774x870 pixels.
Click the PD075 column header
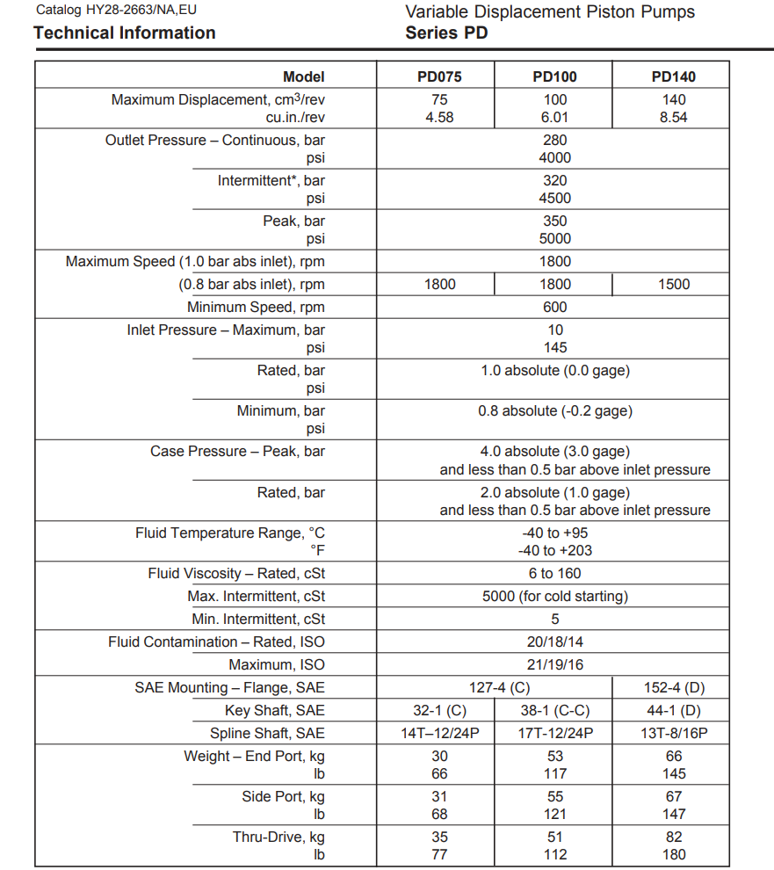click(439, 76)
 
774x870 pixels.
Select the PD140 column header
click(673, 76)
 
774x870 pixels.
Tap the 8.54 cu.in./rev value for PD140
click(673, 117)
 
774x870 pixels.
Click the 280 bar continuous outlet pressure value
click(555, 140)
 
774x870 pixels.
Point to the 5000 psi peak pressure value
click(555, 238)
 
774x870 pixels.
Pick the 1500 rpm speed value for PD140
click(673, 284)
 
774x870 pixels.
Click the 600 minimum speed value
click(555, 307)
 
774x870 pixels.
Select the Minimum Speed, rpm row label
click(256, 307)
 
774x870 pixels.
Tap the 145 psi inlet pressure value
click(555, 347)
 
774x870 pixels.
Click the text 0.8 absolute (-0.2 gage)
click(555, 410)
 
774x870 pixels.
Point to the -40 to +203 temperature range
click(555, 550)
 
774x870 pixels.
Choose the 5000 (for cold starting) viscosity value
click(555, 596)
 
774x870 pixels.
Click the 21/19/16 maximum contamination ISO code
click(555, 664)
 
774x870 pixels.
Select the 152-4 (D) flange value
click(673, 687)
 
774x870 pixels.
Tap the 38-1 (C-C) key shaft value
click(555, 710)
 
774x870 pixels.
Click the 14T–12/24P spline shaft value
click(439, 733)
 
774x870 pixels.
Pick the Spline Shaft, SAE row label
click(267, 733)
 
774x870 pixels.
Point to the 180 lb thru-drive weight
click(673, 854)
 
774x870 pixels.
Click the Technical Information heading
click(124, 33)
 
